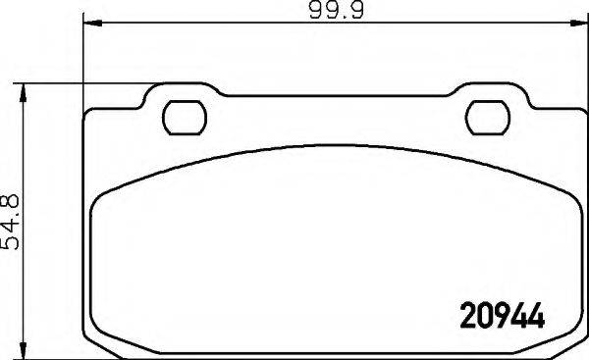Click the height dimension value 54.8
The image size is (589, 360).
pos(13,219)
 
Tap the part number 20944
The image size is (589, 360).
pos(502,316)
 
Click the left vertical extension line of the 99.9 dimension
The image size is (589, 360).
pos(84,59)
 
